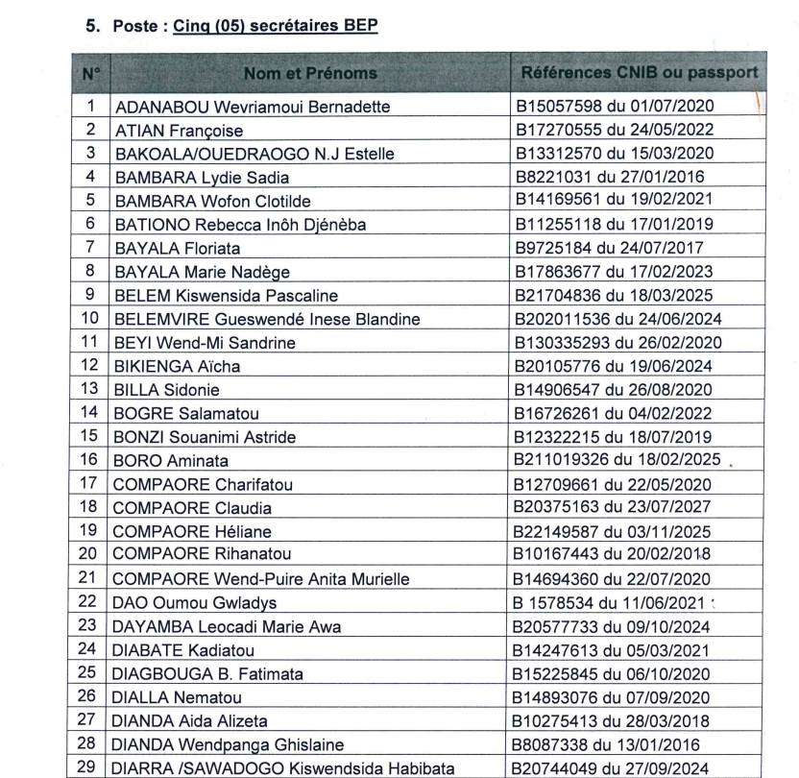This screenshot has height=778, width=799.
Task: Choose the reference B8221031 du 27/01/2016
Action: click(x=609, y=177)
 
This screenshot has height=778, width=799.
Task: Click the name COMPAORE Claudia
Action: click(x=192, y=506)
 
